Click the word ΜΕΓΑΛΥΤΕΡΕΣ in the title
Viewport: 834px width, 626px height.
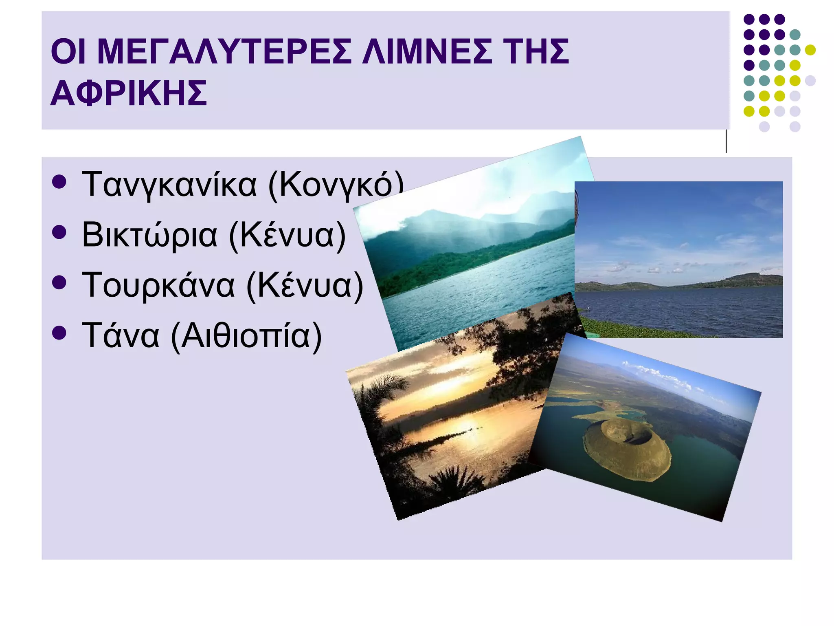point(224,52)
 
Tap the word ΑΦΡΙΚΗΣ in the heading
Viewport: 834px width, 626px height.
point(129,93)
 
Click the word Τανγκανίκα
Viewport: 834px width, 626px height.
point(169,184)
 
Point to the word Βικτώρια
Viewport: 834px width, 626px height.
point(149,235)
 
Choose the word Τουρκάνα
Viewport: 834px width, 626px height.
point(158,285)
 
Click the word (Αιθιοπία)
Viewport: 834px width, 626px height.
point(246,336)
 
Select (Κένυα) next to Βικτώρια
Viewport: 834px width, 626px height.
point(288,235)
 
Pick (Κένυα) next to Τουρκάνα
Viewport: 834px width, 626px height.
point(305,285)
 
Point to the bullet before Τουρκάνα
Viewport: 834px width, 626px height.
point(59,282)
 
